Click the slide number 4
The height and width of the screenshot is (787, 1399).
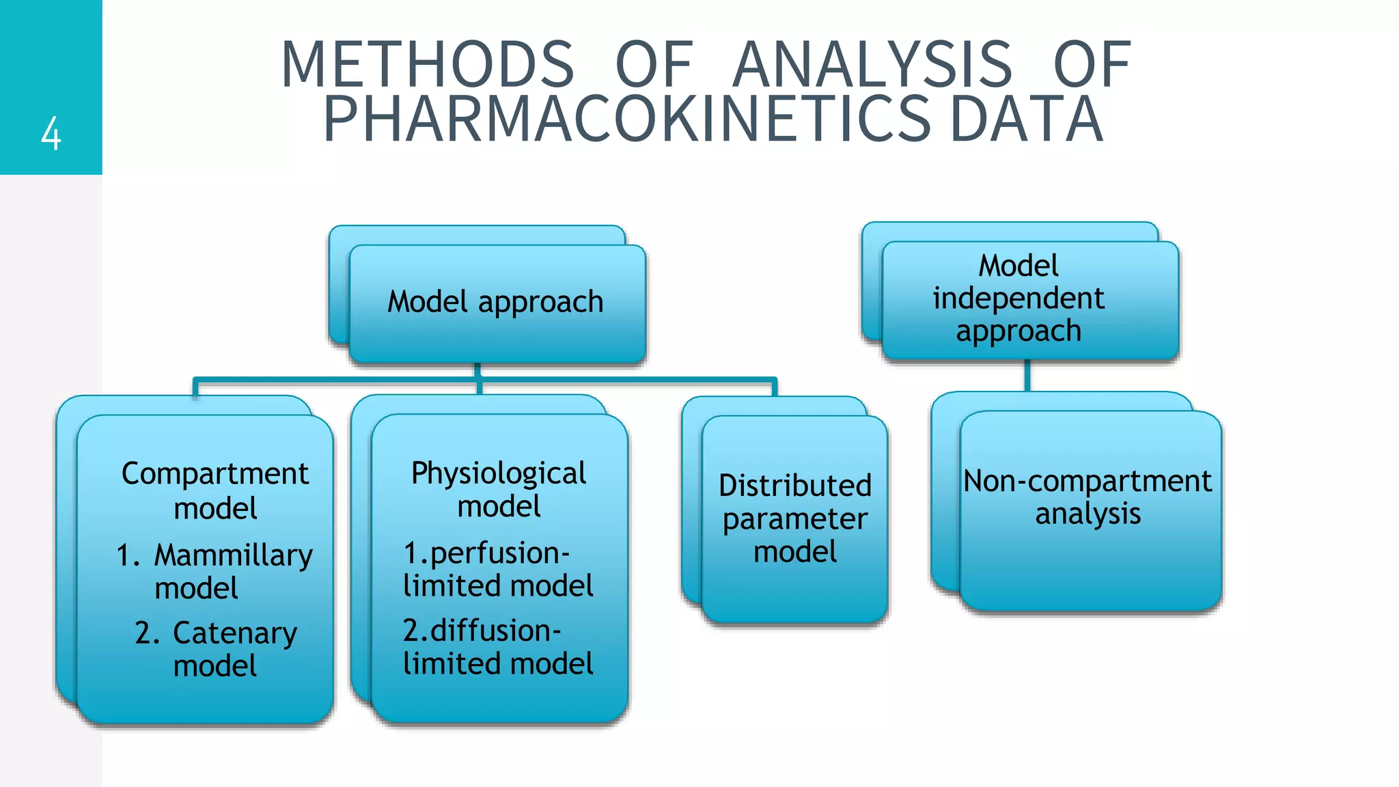tap(51, 133)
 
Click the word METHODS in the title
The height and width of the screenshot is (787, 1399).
tap(428, 64)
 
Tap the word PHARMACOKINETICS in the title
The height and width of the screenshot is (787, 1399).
tap(627, 119)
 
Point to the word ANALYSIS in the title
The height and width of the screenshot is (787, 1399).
tap(872, 64)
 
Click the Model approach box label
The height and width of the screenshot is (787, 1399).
tap(495, 301)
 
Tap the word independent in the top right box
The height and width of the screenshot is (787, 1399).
tap(1018, 298)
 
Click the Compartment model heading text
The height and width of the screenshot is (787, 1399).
tap(215, 490)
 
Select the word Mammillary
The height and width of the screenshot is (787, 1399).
tap(233, 555)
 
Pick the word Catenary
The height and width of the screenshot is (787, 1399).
tap(234, 633)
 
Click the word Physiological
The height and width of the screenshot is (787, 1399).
tap(499, 473)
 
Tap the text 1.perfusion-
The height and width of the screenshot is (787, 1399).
tap(486, 553)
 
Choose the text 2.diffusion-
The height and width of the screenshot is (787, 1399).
tap(482, 630)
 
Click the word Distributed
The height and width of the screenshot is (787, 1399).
tap(795, 485)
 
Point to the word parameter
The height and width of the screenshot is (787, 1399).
tap(795, 519)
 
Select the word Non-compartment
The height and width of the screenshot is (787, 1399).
tap(1088, 480)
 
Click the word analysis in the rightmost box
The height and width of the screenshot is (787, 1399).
tap(1088, 513)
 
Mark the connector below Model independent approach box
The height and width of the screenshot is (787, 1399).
tap(1027, 376)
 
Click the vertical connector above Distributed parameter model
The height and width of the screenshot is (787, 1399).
tap(775, 387)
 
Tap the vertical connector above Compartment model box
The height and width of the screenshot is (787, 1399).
tap(196, 387)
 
